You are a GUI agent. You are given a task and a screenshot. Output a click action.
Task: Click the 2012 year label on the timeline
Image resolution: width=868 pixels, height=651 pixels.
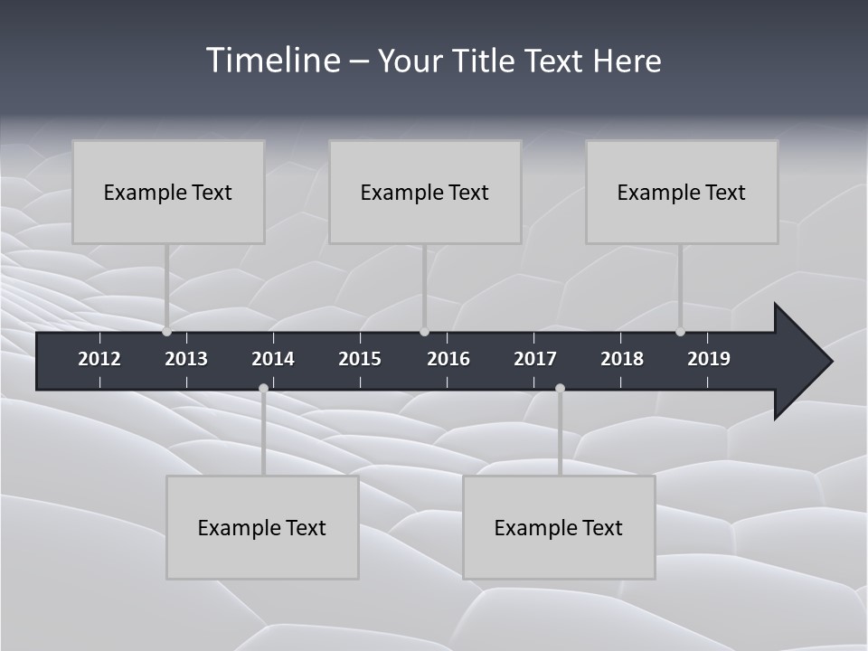pyautogui.click(x=99, y=359)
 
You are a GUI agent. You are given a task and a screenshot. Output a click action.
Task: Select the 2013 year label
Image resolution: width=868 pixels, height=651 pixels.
pyautogui.click(x=186, y=359)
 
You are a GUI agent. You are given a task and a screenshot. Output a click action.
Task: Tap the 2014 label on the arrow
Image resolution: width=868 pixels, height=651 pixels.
pyautogui.click(x=273, y=359)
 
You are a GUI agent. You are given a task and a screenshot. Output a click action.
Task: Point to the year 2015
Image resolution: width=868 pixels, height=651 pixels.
pyautogui.click(x=360, y=359)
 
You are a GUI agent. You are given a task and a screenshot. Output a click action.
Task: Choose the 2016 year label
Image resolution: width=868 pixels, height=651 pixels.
pyautogui.click(x=448, y=359)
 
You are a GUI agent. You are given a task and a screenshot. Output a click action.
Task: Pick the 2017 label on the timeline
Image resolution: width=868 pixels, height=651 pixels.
pyautogui.click(x=535, y=359)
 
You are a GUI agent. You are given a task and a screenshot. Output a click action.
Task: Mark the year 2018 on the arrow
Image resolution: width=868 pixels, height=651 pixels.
pyautogui.click(x=622, y=359)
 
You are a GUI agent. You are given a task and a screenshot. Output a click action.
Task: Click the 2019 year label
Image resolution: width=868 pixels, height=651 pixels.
pyautogui.click(x=709, y=359)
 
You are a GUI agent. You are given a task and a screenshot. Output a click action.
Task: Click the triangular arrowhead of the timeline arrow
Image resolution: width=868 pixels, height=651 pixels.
pyautogui.click(x=800, y=362)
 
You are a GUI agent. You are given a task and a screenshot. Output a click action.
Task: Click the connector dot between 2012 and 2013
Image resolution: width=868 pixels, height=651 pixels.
pyautogui.click(x=166, y=332)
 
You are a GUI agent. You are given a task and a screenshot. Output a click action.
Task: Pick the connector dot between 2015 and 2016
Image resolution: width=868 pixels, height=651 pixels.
pyautogui.click(x=424, y=332)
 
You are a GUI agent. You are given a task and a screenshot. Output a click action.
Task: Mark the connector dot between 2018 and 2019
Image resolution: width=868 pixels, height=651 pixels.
pyautogui.click(x=680, y=332)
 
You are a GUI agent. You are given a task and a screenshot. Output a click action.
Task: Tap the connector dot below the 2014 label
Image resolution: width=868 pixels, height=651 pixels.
pyautogui.click(x=263, y=389)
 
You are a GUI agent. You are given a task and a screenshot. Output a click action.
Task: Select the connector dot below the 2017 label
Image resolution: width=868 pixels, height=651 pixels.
pyautogui.click(x=560, y=389)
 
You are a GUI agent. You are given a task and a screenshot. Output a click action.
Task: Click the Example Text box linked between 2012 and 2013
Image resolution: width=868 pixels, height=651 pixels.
pyautogui.click(x=168, y=193)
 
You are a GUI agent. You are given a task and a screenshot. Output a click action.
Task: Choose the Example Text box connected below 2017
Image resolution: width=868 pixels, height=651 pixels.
pyautogui.click(x=559, y=528)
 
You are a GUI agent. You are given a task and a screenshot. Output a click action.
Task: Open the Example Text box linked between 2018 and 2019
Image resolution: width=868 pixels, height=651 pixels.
pyautogui.click(x=682, y=193)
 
